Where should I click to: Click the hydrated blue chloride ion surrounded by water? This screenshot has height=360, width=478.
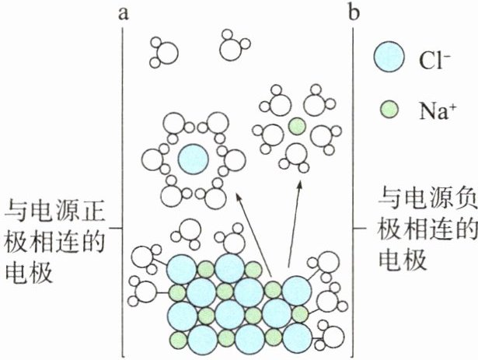click(x=192, y=159)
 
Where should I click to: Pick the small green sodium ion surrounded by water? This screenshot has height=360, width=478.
click(x=295, y=126)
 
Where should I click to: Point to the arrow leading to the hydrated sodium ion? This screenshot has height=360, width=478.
click(x=294, y=225)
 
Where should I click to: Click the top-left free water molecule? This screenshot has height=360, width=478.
click(x=164, y=51)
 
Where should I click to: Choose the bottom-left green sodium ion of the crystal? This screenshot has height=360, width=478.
click(x=178, y=341)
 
